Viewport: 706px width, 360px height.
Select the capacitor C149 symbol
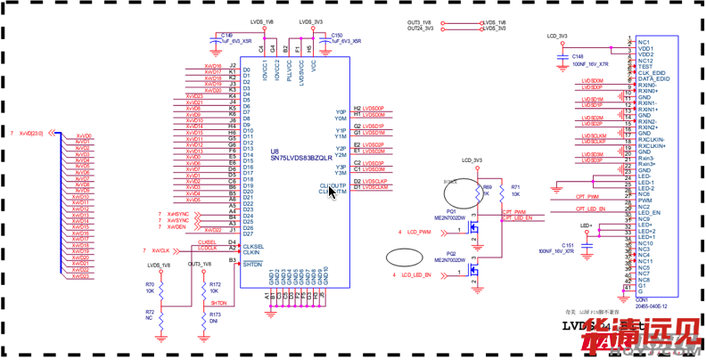coord(215,39)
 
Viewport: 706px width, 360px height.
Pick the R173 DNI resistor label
coord(214,317)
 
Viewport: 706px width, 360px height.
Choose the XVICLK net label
coord(160,250)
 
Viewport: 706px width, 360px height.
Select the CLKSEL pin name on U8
coord(253,246)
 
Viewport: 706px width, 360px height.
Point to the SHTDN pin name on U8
coord(253,265)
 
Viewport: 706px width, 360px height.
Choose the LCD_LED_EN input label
coord(417,275)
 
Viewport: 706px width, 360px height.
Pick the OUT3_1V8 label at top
coord(420,21)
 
